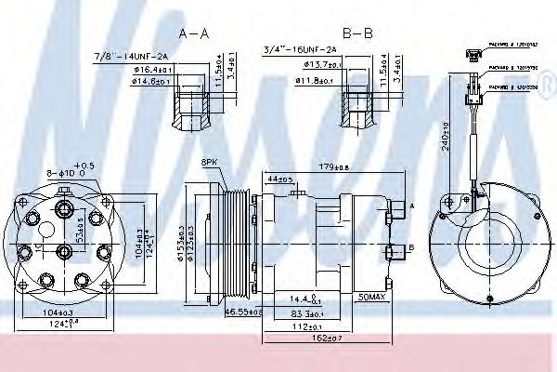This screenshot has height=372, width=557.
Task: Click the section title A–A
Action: click(194, 33)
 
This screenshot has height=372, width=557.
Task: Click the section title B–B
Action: click(356, 33)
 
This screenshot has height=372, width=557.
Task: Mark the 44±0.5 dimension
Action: click(279, 179)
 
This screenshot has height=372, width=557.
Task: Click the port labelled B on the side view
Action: click(411, 248)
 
